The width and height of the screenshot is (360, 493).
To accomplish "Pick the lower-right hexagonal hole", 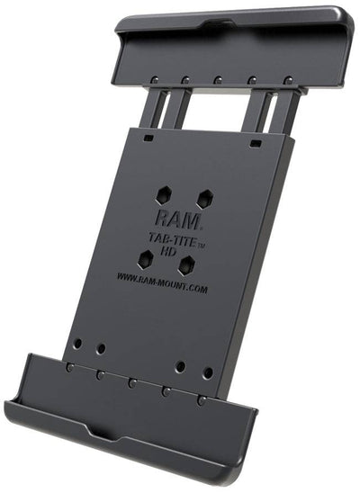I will pos(186,265).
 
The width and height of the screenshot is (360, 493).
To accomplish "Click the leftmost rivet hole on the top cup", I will pos(155,79).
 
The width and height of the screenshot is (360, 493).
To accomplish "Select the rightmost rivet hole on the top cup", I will pos(287,80).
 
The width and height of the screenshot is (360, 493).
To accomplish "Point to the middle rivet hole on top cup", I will pos(219,79).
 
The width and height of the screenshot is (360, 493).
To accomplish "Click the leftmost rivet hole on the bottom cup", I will pos(69,367).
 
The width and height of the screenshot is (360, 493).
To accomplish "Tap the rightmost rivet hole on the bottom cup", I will pos(202,399).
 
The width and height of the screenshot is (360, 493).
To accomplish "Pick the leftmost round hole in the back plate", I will pos(77,343).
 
